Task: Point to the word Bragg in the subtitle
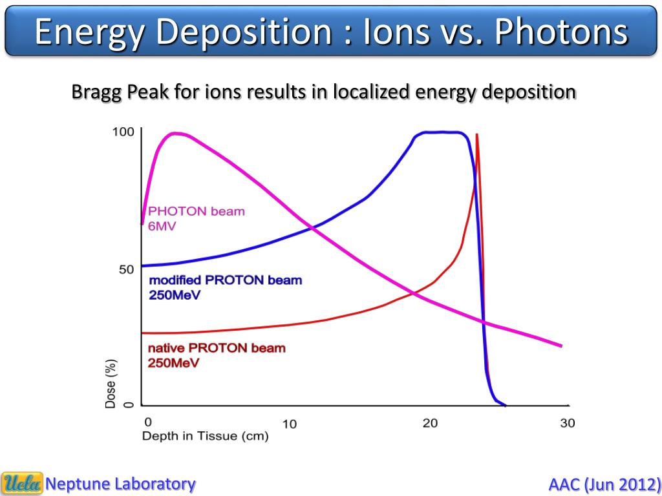tap(97, 92)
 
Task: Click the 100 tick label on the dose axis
tap(123, 132)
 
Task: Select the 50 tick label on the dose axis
tap(126, 269)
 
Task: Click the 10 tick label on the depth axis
tap(289, 424)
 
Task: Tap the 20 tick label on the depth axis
tap(430, 423)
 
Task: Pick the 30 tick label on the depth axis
tap(566, 423)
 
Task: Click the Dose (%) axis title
tap(111, 384)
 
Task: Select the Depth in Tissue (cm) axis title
tap(205, 437)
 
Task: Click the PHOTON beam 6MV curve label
tap(197, 219)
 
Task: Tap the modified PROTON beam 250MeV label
tap(225, 287)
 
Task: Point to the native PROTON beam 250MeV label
tap(217, 355)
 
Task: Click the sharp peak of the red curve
tap(476, 134)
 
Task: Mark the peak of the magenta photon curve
tap(175, 133)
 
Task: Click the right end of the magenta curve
tap(561, 346)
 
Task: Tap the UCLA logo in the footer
tap(23, 483)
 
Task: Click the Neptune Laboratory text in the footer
tap(120, 483)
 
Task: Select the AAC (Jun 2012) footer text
tap(604, 484)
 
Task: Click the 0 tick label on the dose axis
tap(128, 405)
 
